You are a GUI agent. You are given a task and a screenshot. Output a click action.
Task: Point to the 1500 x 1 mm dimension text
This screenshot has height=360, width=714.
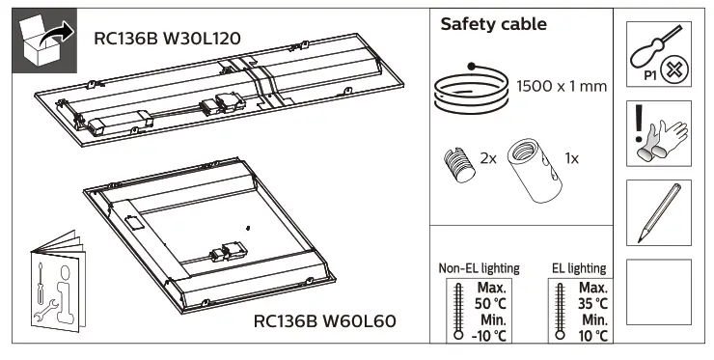click(x=561, y=87)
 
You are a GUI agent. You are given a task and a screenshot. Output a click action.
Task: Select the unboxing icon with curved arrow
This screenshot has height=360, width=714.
click(x=44, y=42)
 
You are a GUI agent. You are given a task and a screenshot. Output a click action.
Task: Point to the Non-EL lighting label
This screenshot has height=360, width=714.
click(x=479, y=268)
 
